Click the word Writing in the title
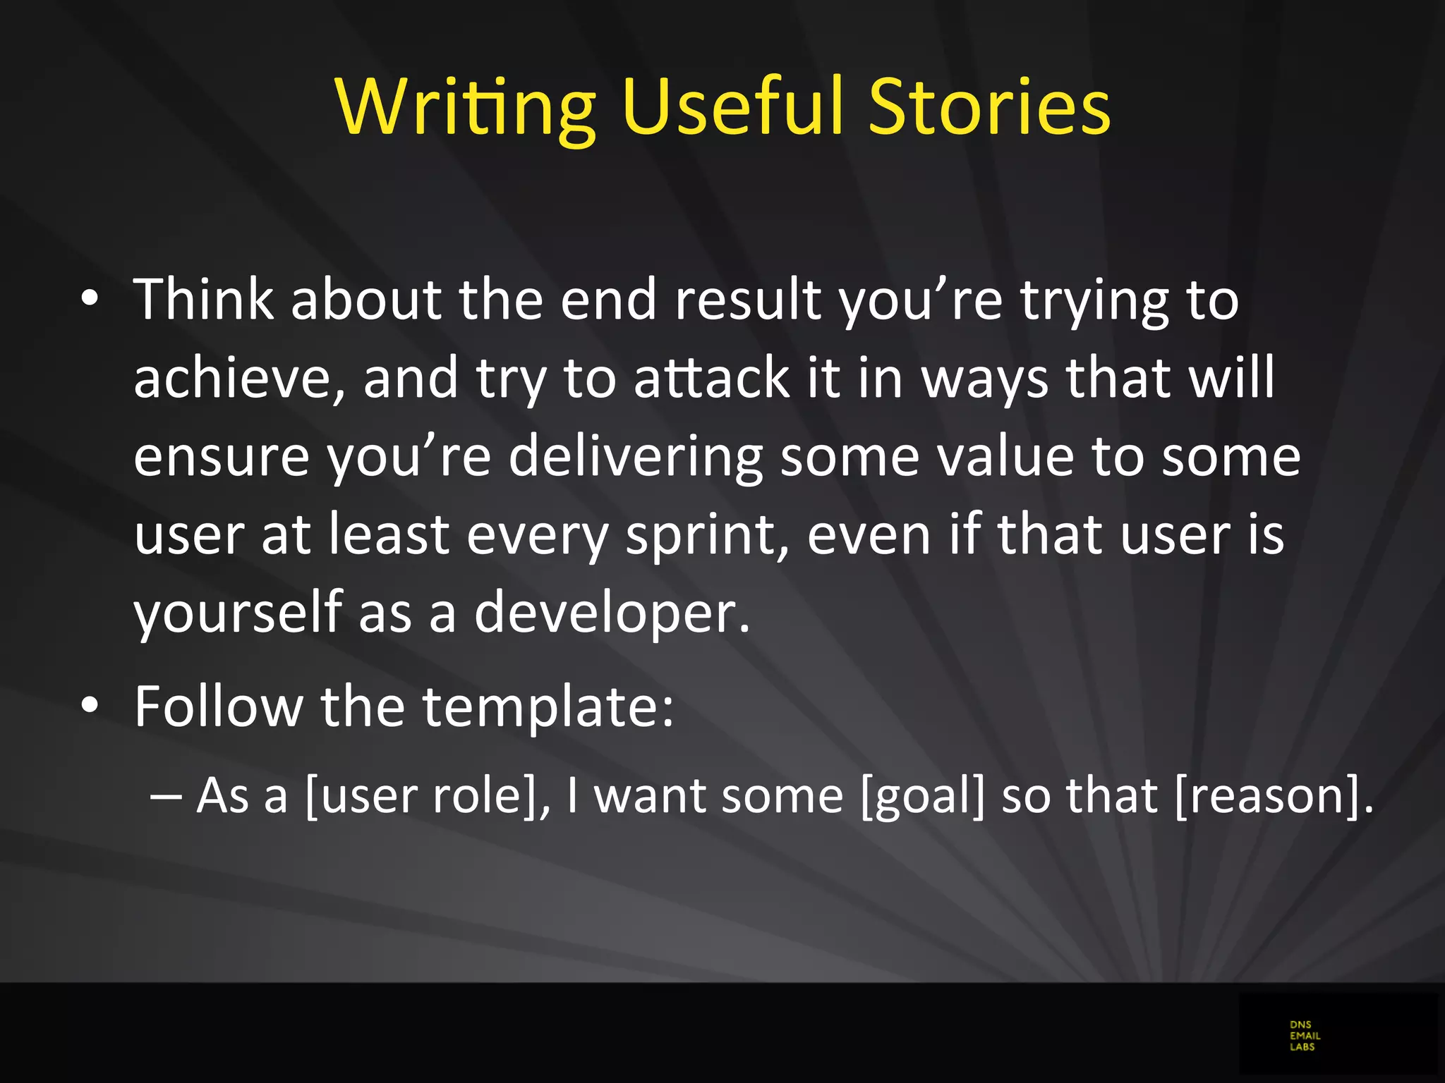point(466,107)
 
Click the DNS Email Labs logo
point(1305,1036)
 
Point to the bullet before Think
point(90,299)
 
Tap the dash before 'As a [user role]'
point(166,795)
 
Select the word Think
point(203,300)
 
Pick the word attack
point(711,378)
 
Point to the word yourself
point(238,613)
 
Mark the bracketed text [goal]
point(922,796)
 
